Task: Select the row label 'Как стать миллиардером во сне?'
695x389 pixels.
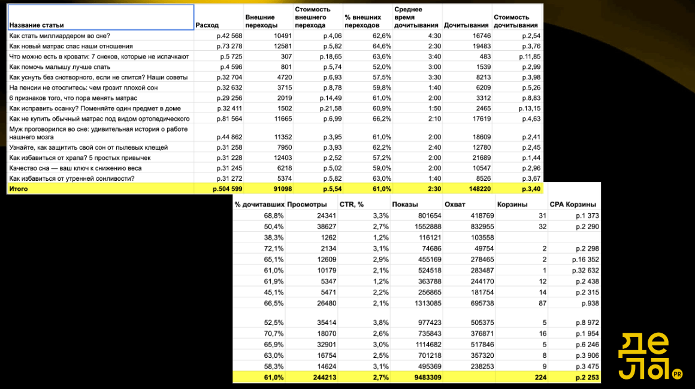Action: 60,36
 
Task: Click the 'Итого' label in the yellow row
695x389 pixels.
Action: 19,189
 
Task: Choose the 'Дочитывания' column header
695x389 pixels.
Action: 466,26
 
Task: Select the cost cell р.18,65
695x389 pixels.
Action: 329,56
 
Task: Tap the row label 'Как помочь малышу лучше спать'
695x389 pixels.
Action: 60,67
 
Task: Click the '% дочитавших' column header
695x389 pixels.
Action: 259,205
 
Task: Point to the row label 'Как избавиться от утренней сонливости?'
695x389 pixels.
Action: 68,178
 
